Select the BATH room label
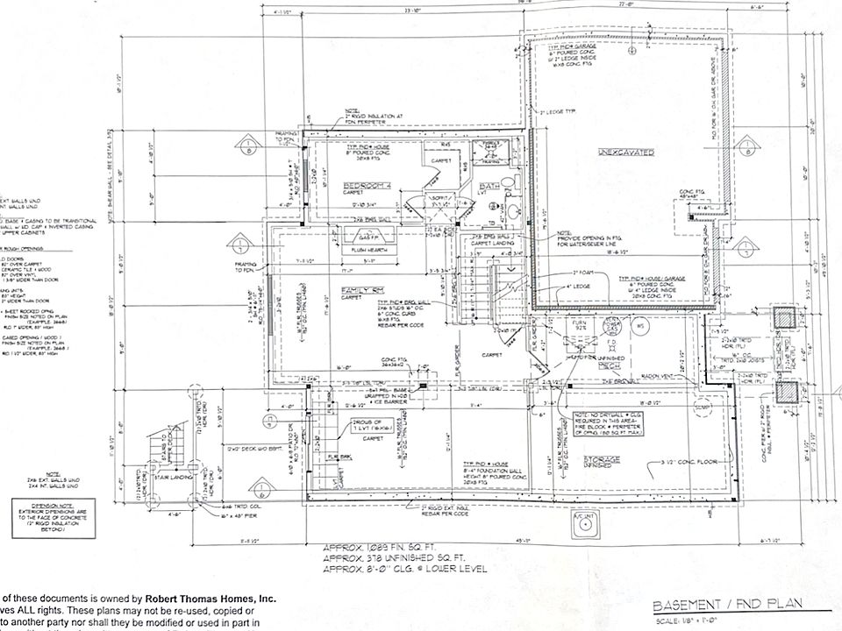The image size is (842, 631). [x=489, y=187]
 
